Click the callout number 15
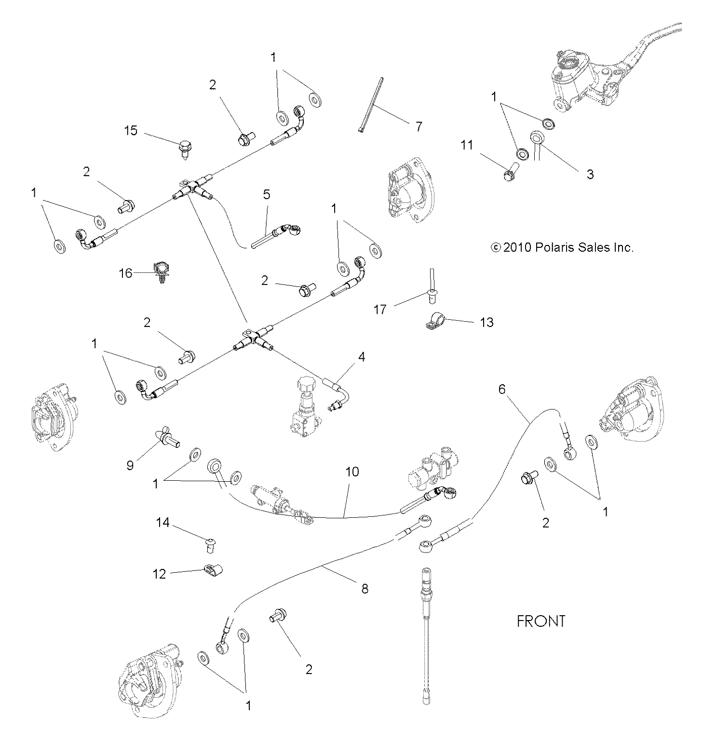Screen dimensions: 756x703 (x=131, y=131)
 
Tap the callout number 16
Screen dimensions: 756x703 (x=125, y=273)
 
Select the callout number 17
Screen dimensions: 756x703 (x=380, y=309)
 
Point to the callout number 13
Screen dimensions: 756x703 (x=487, y=322)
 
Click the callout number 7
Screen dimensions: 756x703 (x=419, y=127)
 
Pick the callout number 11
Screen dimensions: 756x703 (x=466, y=145)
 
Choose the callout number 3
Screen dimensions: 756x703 (x=590, y=174)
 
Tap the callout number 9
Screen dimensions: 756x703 (x=130, y=465)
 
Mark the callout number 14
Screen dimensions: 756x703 (x=163, y=522)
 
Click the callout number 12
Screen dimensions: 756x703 (x=159, y=574)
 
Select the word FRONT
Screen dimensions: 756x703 (x=541, y=621)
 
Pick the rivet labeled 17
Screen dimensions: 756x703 (x=431, y=287)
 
